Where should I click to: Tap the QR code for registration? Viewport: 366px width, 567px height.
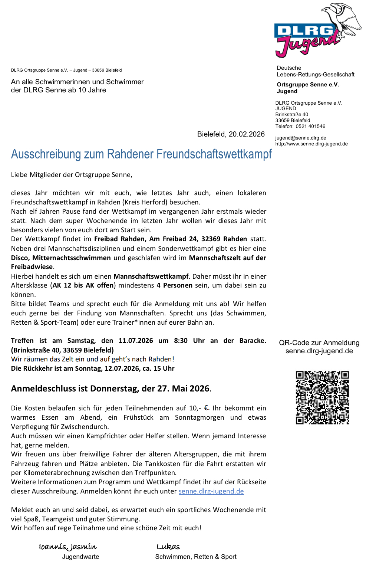click(x=322, y=397)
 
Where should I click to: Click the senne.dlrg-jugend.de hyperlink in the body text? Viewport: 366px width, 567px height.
click(x=211, y=491)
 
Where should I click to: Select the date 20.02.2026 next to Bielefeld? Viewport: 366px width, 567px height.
click(x=247, y=134)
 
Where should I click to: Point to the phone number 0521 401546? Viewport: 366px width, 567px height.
click(x=310, y=127)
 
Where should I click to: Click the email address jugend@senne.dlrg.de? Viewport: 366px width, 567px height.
click(x=301, y=138)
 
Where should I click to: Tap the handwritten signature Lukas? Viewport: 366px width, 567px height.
click(x=168, y=547)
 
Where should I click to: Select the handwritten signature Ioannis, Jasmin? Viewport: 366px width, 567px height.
click(x=68, y=547)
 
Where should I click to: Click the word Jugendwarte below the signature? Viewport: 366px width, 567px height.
click(x=80, y=557)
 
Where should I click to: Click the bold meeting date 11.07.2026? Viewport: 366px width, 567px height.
click(x=136, y=341)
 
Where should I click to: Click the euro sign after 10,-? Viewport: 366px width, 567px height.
click(x=207, y=408)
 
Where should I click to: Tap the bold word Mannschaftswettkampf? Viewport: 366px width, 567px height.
click(x=151, y=276)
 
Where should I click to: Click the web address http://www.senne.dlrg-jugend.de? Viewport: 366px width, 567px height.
click(x=311, y=144)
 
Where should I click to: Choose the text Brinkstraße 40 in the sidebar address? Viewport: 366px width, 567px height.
click(x=292, y=115)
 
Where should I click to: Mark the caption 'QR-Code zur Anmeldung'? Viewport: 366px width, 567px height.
click(x=319, y=343)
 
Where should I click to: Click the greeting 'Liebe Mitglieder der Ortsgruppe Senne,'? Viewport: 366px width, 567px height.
click(x=72, y=175)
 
